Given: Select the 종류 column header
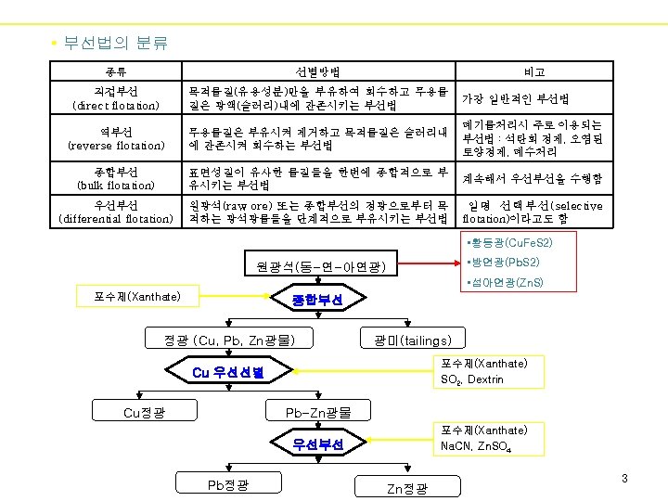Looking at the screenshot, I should (116, 72).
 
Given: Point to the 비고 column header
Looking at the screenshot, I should (533, 72).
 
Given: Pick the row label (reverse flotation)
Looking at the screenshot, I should (116, 146).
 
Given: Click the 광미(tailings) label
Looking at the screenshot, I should (413, 340).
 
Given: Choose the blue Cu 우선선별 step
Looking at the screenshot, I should (228, 373).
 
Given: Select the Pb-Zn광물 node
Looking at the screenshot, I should (318, 412).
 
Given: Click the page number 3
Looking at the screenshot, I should (625, 479).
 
